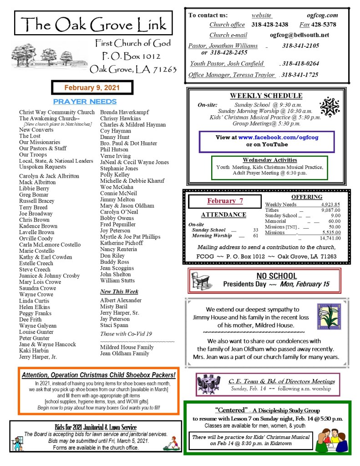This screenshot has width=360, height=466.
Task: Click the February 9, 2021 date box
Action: point(92,87)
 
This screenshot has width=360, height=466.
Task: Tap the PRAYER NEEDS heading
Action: point(85,102)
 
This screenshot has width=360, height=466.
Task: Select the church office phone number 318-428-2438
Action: point(270,25)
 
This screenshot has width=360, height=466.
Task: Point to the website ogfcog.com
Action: point(323,15)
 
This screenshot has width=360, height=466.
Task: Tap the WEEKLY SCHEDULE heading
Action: point(266,96)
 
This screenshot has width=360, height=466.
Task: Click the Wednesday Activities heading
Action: point(269,160)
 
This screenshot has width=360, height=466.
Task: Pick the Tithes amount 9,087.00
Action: point(330,210)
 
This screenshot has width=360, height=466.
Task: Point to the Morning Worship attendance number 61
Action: point(255,236)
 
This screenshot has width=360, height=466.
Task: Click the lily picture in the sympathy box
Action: point(328,316)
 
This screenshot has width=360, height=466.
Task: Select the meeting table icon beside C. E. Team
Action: point(208,384)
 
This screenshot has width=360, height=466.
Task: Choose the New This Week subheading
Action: point(119,292)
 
